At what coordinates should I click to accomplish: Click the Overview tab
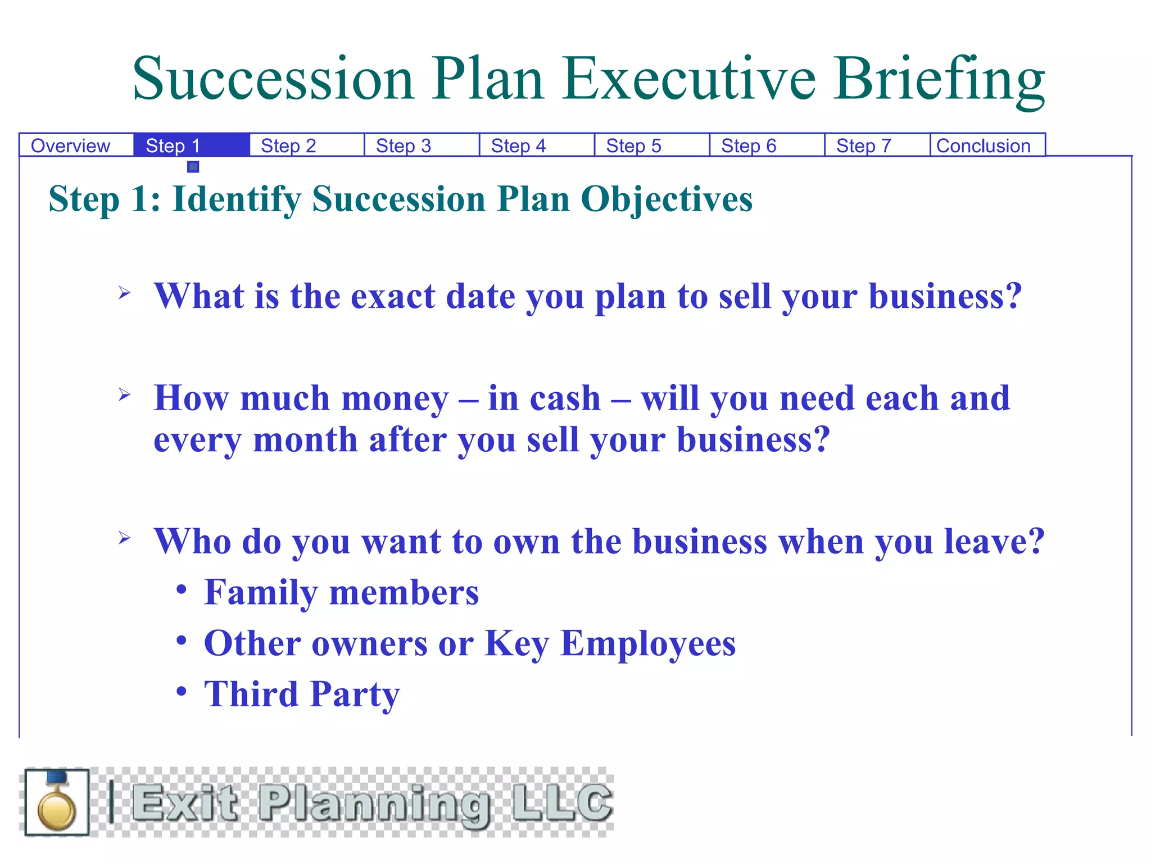70,146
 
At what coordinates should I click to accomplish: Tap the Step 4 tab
518,146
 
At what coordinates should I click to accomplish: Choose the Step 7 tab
864,146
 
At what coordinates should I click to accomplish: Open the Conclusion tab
984,146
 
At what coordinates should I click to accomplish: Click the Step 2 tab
288,146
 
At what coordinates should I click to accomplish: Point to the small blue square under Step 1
193,166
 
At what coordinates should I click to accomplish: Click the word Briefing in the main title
939,80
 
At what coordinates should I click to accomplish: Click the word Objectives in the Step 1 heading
666,199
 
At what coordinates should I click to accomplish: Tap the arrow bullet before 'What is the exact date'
125,293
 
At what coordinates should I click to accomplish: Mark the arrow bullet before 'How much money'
125,395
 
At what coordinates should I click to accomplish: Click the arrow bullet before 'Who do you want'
125,538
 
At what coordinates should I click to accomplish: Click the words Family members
341,593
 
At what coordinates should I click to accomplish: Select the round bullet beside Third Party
181,691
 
